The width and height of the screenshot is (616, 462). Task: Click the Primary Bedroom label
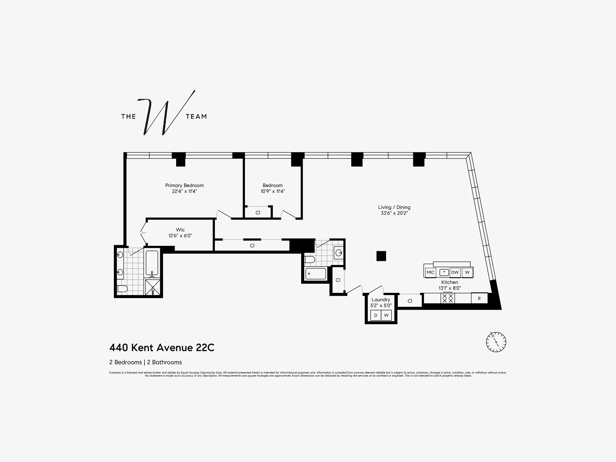(184, 185)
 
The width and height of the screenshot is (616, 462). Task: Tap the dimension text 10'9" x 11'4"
(273, 191)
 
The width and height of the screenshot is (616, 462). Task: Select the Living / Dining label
(394, 207)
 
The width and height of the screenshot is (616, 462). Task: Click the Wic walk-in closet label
(180, 230)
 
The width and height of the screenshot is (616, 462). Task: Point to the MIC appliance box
(430, 272)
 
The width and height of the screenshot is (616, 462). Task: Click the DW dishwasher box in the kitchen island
(455, 272)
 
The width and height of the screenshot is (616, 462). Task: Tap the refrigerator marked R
(479, 298)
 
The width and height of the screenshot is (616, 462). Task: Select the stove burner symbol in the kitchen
(447, 298)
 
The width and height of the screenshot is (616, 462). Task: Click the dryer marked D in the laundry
(375, 315)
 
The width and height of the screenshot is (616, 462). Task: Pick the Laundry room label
(381, 300)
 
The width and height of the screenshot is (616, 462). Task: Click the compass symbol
(496, 342)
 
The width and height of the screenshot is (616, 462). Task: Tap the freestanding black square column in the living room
(381, 256)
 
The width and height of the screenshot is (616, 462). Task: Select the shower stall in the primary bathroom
(153, 287)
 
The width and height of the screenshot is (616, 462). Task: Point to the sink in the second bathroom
(339, 253)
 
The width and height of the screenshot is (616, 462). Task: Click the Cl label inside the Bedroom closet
(258, 213)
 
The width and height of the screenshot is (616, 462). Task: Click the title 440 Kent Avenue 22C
(162, 348)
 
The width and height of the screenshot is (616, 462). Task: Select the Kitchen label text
(449, 282)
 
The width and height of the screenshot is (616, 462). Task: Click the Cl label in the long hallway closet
(252, 246)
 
